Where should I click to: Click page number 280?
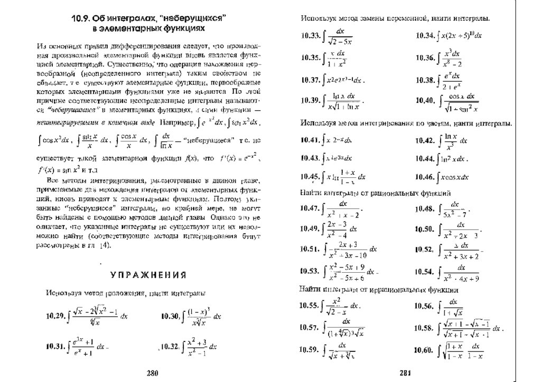pos(152,373)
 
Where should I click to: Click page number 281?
pos(405,373)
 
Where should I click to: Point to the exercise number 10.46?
pos(425,176)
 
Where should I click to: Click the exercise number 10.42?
pos(425,140)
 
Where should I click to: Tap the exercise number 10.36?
pos(425,58)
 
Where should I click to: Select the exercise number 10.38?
pos(425,80)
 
